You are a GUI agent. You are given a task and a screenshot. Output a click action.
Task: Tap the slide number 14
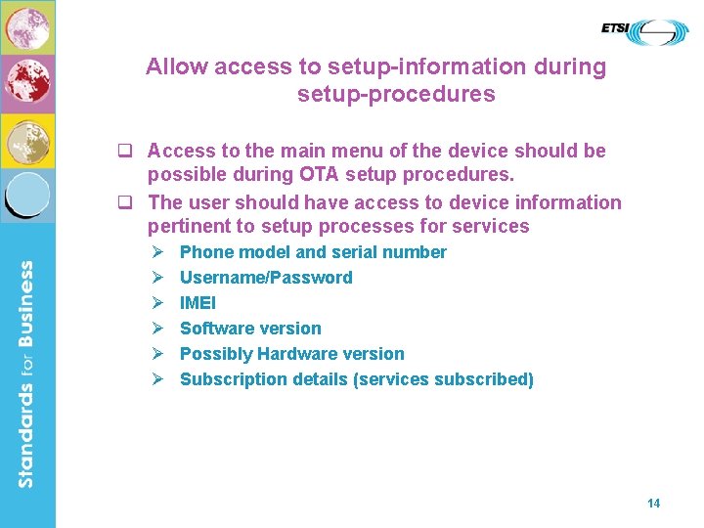[653, 503]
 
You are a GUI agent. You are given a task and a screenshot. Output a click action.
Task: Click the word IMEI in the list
[198, 303]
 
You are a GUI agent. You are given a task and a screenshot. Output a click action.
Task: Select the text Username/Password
[266, 278]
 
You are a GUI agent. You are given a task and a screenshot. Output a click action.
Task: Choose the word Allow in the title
[176, 67]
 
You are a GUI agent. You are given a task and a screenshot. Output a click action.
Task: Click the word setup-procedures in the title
[396, 95]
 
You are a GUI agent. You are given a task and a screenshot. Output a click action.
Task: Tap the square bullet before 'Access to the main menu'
[124, 152]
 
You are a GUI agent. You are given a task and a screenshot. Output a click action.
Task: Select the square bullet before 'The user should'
[124, 203]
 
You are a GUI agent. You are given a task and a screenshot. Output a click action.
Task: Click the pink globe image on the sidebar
[27, 27]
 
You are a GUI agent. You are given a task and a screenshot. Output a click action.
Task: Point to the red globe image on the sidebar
[27, 83]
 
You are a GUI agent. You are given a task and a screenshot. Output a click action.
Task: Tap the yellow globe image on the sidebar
[27, 141]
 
